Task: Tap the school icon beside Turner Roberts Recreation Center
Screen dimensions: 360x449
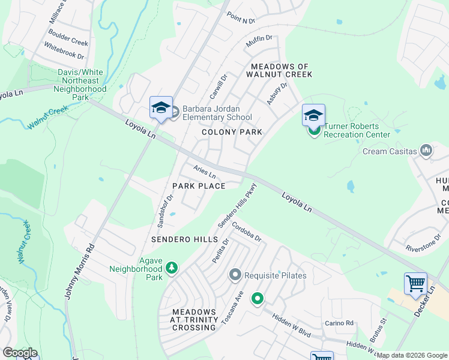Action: (313, 114)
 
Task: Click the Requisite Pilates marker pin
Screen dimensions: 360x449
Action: (235, 275)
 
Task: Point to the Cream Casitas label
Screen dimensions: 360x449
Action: (390, 151)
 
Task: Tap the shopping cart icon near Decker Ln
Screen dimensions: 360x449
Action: (415, 283)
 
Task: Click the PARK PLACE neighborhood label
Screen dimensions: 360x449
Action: (199, 186)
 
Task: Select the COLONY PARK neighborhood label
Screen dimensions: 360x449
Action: (232, 132)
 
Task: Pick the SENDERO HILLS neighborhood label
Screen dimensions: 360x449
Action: (184, 239)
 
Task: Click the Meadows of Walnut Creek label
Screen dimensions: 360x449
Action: (281, 71)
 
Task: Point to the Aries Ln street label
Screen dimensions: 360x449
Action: (204, 171)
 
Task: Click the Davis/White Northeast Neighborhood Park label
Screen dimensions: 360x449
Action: (80, 84)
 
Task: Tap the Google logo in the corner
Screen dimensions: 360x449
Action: (20, 353)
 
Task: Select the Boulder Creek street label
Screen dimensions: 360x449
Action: (68, 39)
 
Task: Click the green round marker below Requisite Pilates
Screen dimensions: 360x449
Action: (258, 298)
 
